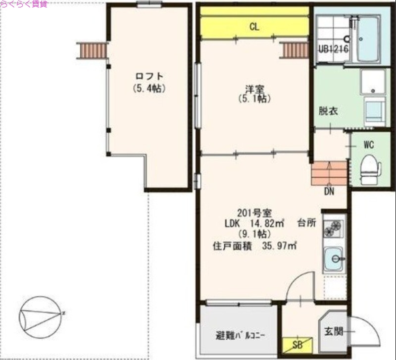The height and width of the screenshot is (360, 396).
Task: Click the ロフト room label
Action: (x=149, y=77)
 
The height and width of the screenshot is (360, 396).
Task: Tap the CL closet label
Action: (x=254, y=27)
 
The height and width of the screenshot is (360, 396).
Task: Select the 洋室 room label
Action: (x=255, y=89)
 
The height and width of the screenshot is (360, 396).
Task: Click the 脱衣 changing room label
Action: (x=328, y=111)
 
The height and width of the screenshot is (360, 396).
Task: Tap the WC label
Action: (x=368, y=145)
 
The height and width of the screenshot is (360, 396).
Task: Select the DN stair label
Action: (x=329, y=191)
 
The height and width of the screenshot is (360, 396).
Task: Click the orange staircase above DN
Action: (x=329, y=173)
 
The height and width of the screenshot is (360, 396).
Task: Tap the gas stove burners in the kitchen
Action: (x=333, y=229)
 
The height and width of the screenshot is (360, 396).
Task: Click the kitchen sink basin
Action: (x=334, y=258)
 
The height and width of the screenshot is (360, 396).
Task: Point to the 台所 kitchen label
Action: (x=307, y=223)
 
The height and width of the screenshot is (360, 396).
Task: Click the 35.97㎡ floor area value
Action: (x=280, y=245)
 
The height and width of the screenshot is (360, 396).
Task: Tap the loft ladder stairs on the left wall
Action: (x=93, y=50)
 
